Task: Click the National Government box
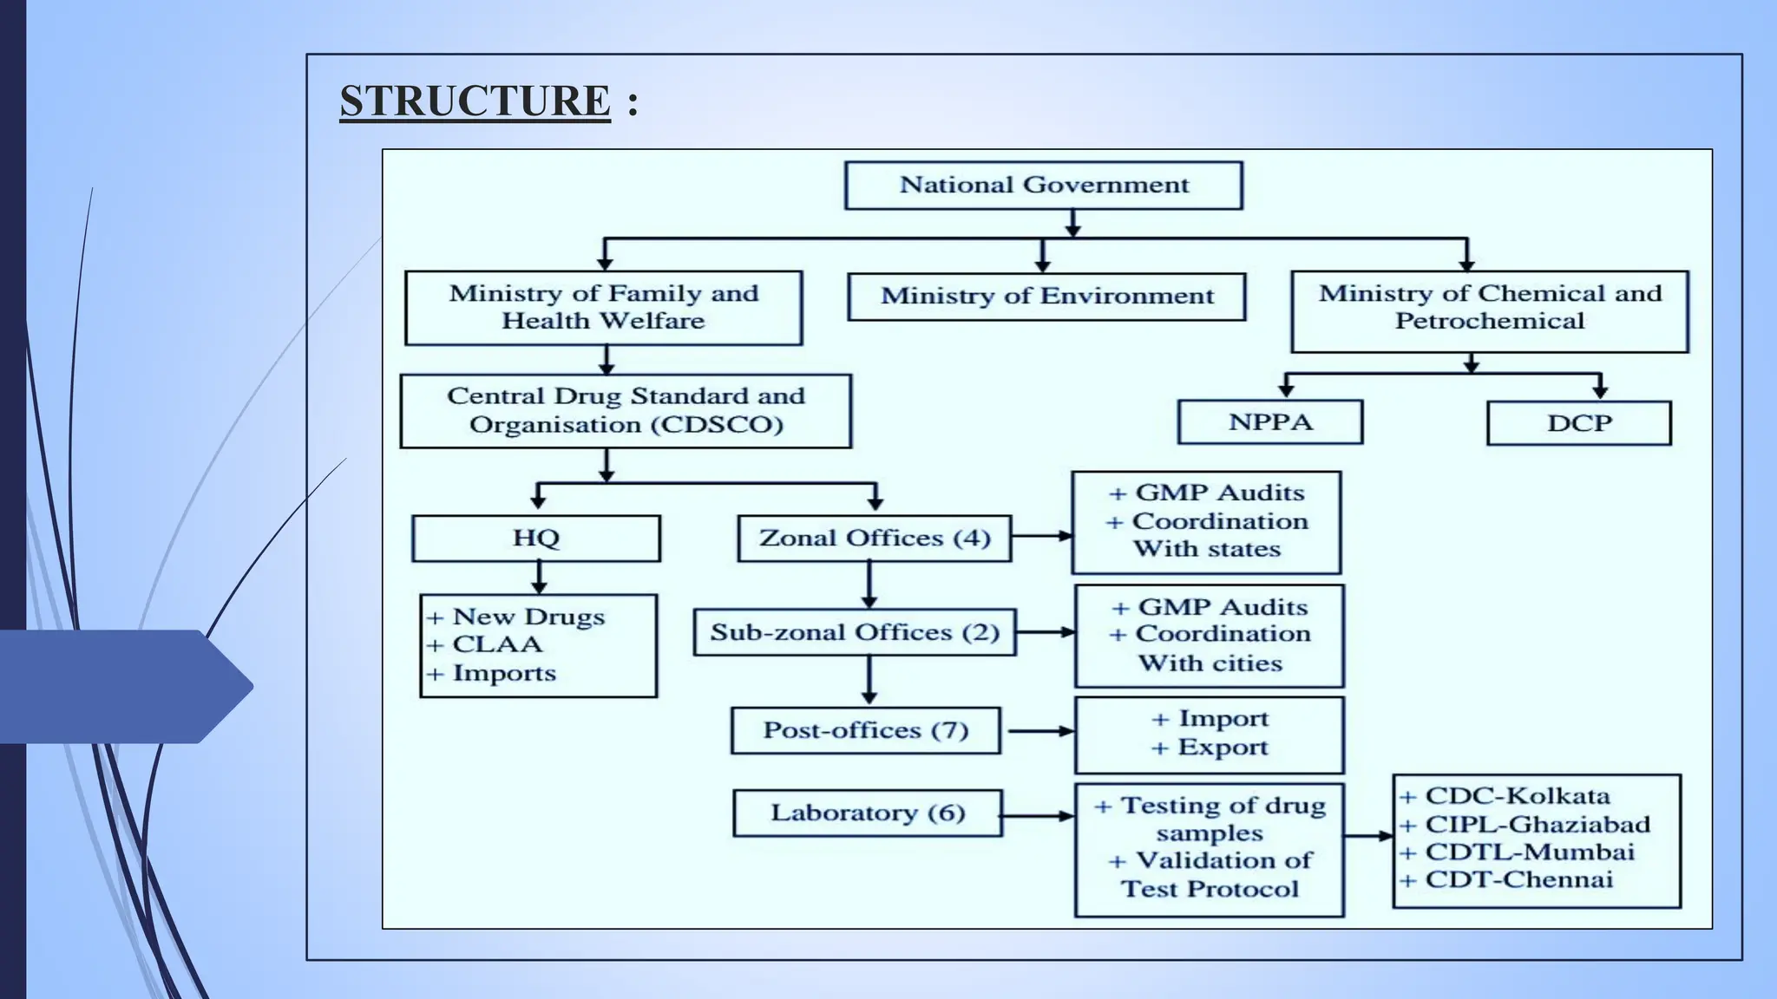(1043, 185)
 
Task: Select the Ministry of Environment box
(1046, 297)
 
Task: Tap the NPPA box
(1270, 422)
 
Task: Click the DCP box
(1578, 423)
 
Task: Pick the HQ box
(535, 539)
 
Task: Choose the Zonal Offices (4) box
(874, 539)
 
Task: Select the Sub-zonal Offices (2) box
(855, 632)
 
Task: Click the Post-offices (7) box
(865, 730)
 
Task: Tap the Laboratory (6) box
(867, 813)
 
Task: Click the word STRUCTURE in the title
(475, 101)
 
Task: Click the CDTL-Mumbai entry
(1530, 852)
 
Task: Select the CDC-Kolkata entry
(1517, 796)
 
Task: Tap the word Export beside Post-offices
(1223, 748)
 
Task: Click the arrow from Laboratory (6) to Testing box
(1038, 816)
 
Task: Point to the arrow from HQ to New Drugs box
(539, 577)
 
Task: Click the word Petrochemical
(1489, 322)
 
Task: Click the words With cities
(1210, 663)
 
